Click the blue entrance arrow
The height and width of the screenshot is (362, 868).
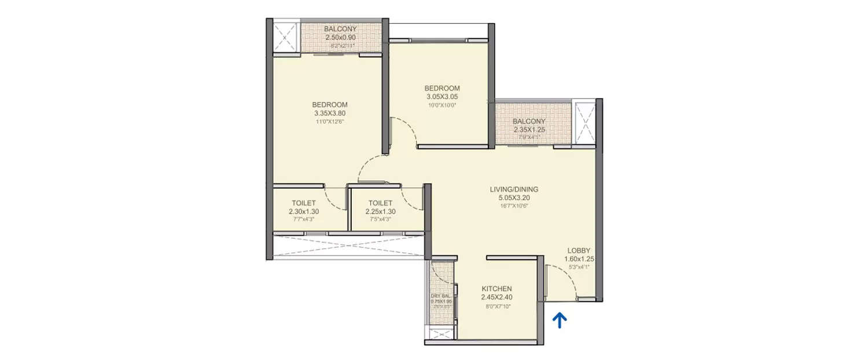click(x=559, y=320)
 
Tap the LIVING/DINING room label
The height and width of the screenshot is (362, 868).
click(x=514, y=189)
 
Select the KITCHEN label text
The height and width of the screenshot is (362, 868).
click(x=497, y=288)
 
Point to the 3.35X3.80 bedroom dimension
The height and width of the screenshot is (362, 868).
click(x=330, y=114)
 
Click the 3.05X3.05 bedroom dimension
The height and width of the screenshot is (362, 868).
click(x=443, y=97)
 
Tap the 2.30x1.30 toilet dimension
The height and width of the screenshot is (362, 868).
click(x=304, y=211)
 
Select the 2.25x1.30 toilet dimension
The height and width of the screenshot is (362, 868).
click(x=380, y=211)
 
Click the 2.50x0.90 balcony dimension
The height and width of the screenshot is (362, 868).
click(x=340, y=37)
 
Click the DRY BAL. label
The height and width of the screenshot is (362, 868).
click(x=440, y=295)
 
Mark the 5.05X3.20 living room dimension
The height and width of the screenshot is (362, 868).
click(x=514, y=198)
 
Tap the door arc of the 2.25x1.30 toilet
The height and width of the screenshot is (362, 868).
click(x=411, y=200)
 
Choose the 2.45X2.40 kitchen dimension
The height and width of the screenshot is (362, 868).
click(x=497, y=297)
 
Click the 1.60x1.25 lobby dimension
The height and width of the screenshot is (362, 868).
click(x=580, y=259)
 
